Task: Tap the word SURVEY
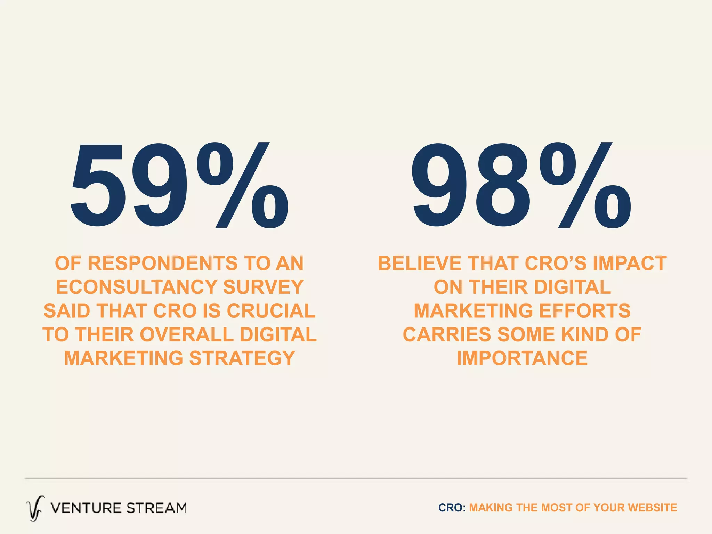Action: coord(263,287)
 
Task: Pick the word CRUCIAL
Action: coord(271,311)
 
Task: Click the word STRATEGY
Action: coord(242,358)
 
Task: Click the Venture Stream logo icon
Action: coord(35,508)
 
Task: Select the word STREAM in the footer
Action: coord(156,508)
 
